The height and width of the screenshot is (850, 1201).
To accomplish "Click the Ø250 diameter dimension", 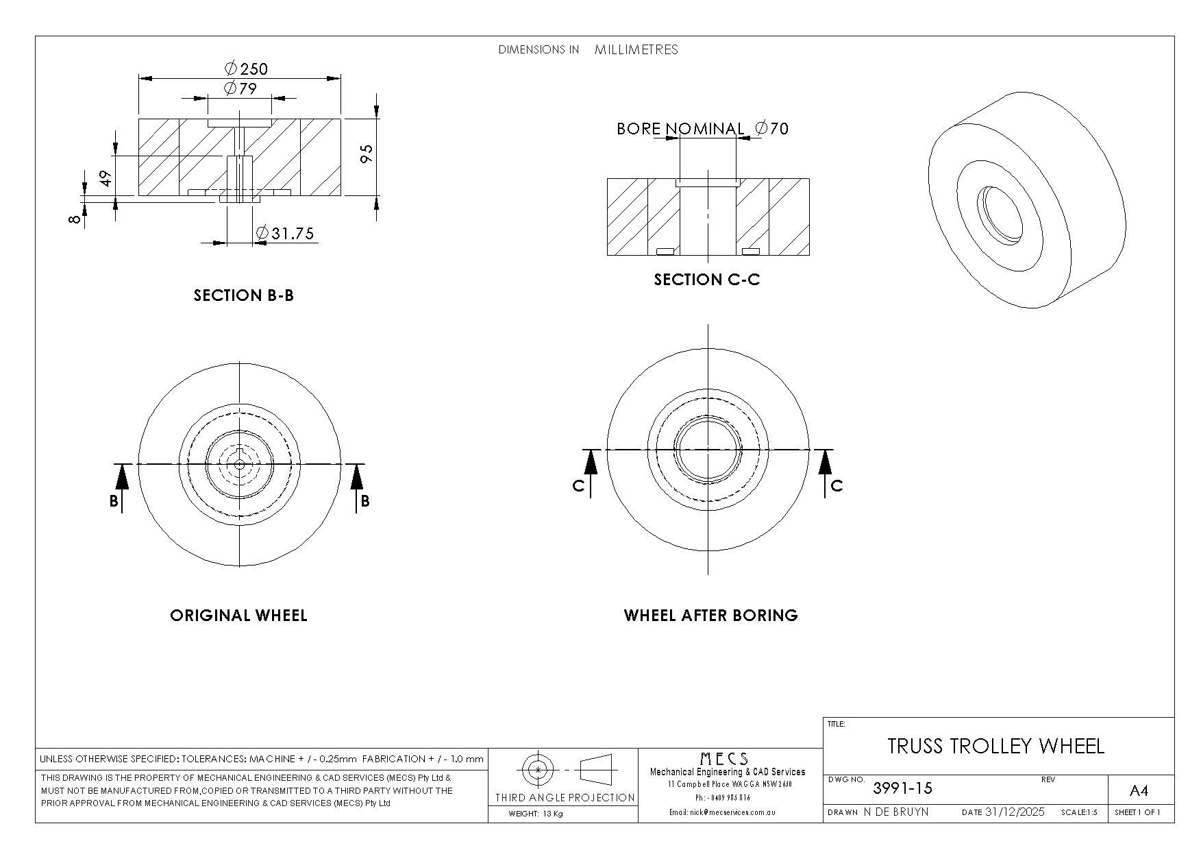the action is point(246,69).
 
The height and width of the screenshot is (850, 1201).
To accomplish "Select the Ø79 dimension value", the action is point(240,88).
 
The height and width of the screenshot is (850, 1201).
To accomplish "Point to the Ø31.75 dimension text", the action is point(285,234).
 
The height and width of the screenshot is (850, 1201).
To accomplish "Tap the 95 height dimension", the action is point(367,154).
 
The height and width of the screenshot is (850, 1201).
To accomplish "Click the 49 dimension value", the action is point(106,178).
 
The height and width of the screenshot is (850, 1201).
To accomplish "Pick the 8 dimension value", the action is point(76,219).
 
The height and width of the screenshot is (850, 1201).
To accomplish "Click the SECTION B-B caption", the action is point(244,295).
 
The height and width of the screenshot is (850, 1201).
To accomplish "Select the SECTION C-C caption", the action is point(707,280).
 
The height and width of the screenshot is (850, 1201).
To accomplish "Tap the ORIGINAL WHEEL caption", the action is point(238,616).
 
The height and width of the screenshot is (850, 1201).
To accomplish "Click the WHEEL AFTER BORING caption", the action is point(711,616).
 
